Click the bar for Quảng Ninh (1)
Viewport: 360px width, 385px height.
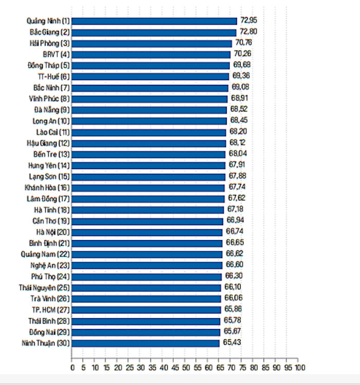click(154, 21)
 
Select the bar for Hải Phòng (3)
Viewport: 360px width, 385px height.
click(152, 43)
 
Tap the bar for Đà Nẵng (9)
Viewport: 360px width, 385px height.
click(149, 109)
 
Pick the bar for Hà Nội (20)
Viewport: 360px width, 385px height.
click(147, 232)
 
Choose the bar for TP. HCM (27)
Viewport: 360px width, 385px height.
click(146, 309)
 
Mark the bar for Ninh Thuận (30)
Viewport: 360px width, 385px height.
click(146, 343)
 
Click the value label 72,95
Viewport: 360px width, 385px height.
click(248, 21)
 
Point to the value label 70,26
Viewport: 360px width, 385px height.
click(242, 54)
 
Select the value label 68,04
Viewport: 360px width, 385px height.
click(237, 154)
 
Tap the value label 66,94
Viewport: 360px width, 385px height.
click(235, 221)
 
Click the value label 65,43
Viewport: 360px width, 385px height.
click(231, 342)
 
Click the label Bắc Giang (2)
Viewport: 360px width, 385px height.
click(50, 32)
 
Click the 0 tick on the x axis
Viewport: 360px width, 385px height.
click(72, 368)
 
